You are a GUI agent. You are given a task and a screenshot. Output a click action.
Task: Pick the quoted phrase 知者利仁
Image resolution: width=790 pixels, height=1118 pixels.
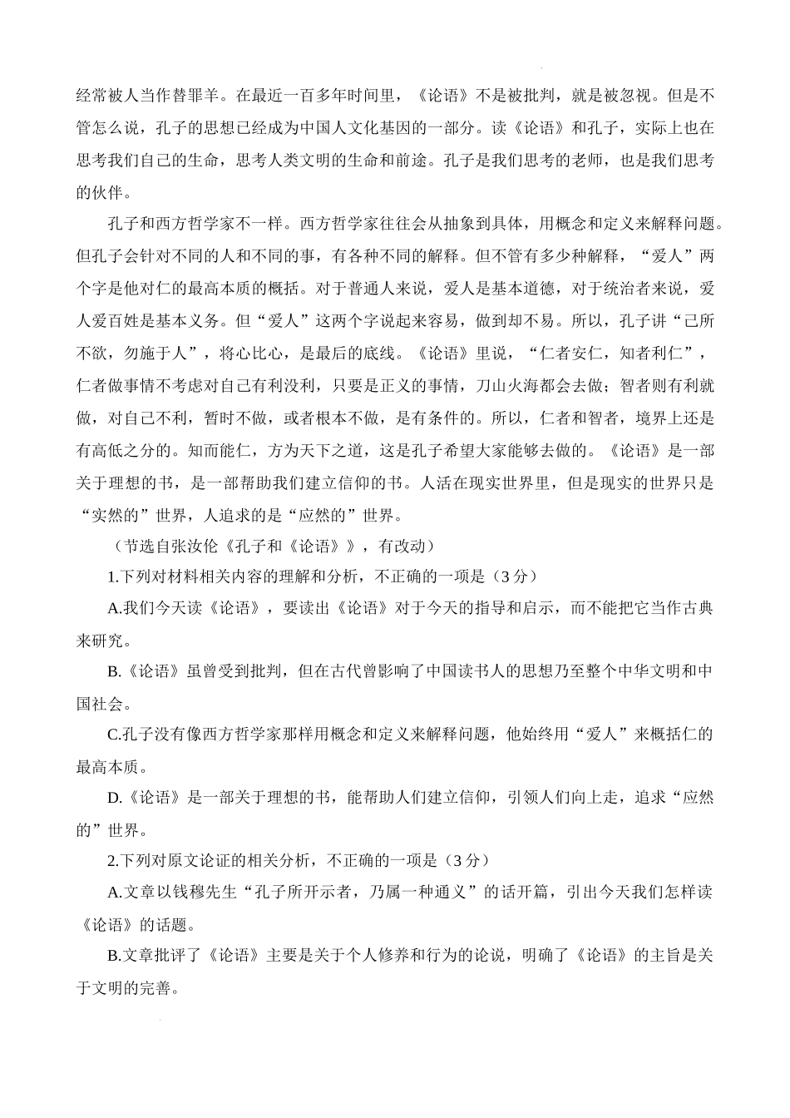point(647,354)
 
